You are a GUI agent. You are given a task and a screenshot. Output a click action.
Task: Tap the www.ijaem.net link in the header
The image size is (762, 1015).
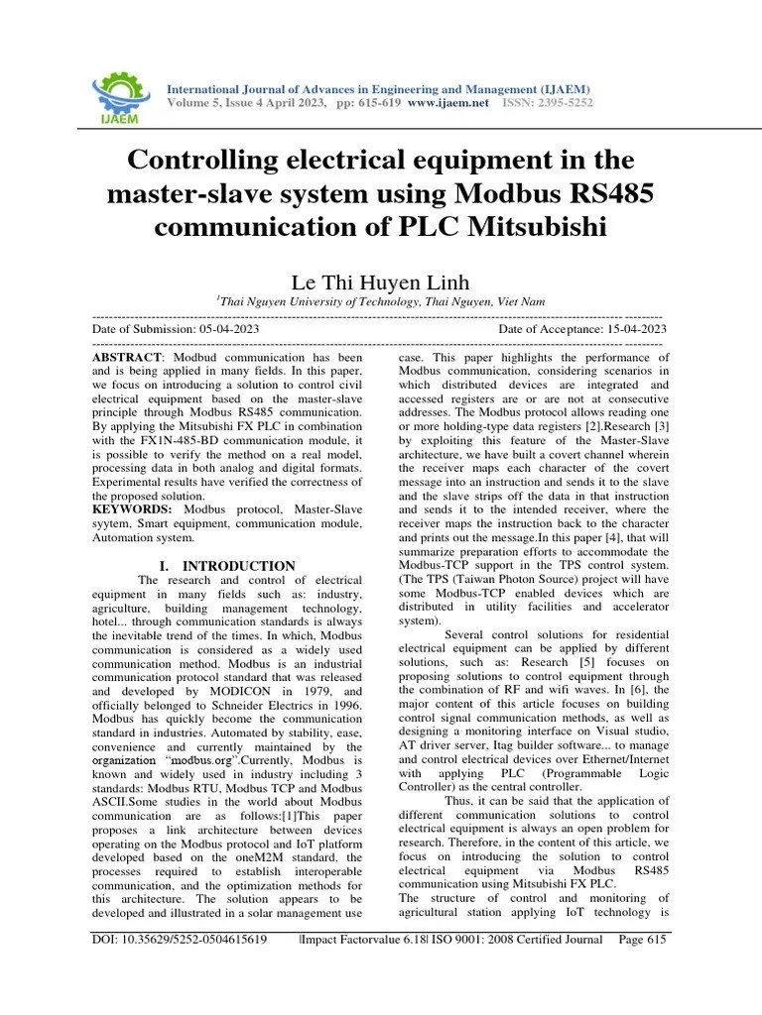click(x=447, y=103)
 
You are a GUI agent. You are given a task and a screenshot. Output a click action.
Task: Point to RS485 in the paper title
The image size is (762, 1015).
click(x=601, y=192)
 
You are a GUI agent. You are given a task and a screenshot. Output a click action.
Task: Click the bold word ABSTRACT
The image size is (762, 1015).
click(x=125, y=357)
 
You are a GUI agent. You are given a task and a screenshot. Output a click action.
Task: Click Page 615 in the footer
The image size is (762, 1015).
click(x=641, y=940)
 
